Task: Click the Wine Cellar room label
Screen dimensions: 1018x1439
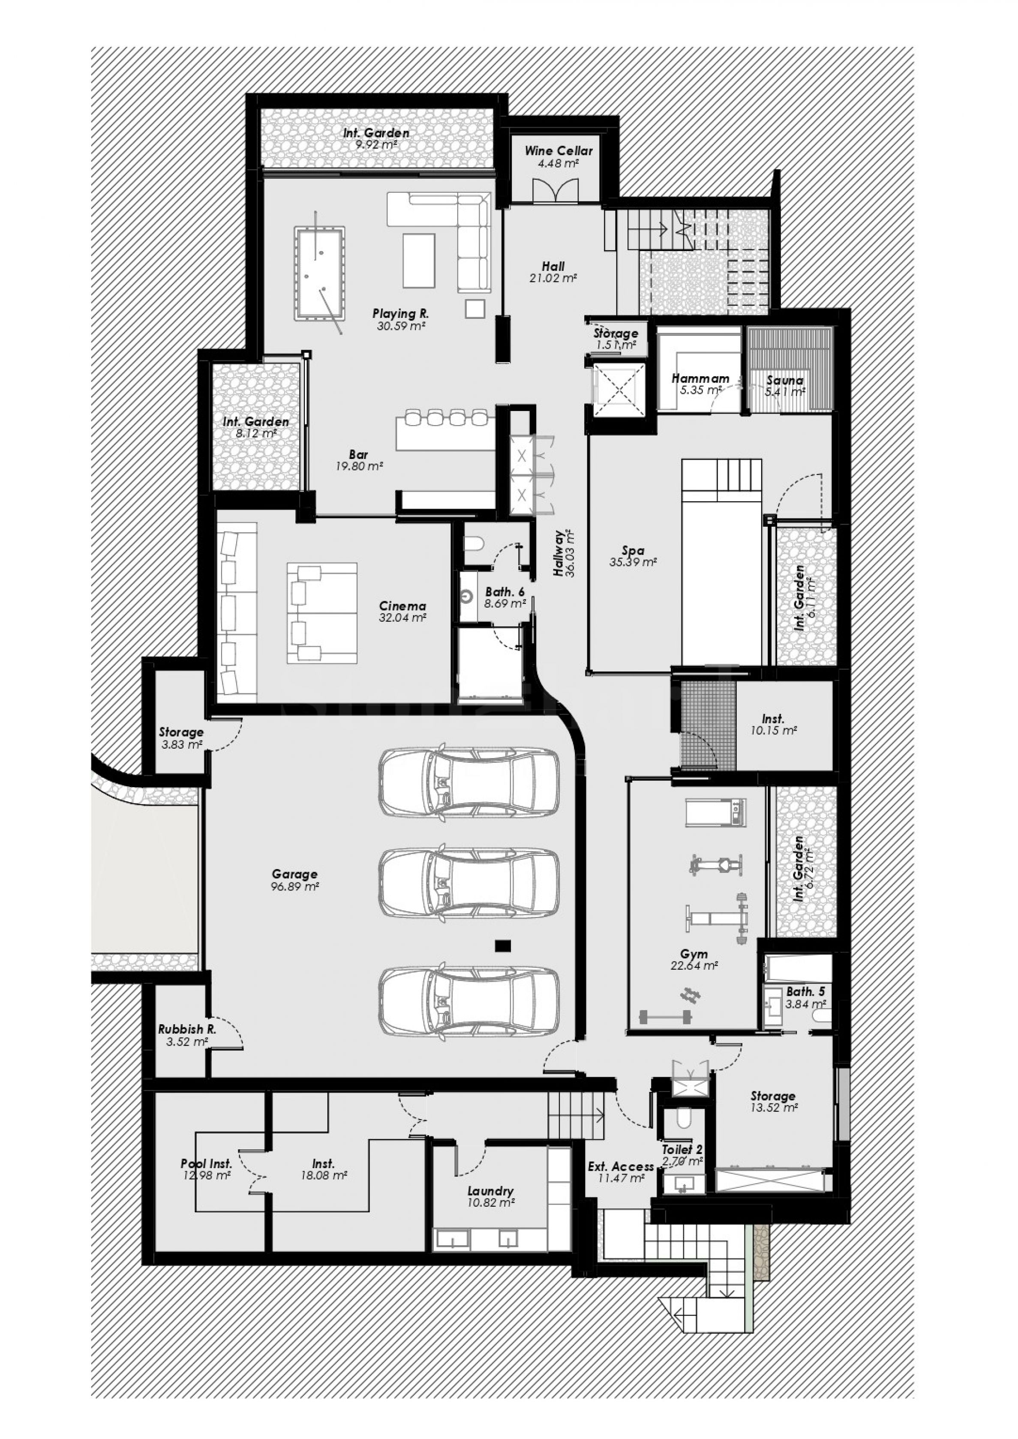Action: point(559,151)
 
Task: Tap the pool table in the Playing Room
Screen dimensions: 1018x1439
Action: point(318,274)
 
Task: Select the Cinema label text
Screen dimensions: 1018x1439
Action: point(402,606)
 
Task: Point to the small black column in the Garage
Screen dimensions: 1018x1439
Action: point(503,946)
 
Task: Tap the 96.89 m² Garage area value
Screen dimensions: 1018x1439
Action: point(294,887)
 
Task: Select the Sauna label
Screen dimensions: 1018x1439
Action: point(785,381)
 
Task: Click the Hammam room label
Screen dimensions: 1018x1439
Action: point(700,378)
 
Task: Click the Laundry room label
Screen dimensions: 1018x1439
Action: point(490,1191)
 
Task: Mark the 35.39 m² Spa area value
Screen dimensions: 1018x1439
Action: point(633,562)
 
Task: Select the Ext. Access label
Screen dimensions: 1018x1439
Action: point(621,1166)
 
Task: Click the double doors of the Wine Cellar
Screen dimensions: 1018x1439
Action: point(556,189)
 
